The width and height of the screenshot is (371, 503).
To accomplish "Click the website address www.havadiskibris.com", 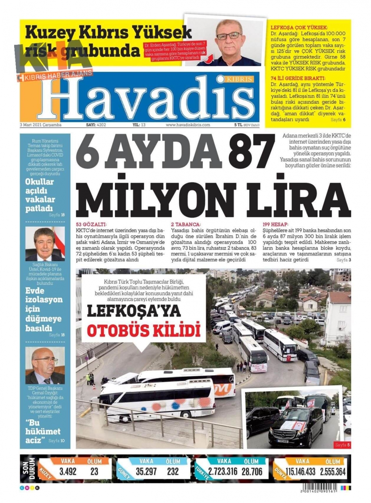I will (x=188, y=125).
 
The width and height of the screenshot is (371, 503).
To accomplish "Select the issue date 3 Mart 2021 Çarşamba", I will (x=40, y=125).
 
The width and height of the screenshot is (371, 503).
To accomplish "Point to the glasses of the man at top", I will (x=229, y=36).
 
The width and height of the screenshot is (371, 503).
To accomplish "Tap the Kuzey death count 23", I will (x=94, y=471).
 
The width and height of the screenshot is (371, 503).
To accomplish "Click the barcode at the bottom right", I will (x=319, y=488).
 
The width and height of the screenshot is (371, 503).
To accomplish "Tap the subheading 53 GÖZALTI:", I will (x=91, y=224).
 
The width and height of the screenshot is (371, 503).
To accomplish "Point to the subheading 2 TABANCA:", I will (x=186, y=224).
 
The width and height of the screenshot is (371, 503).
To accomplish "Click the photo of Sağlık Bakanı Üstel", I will (x=45, y=244).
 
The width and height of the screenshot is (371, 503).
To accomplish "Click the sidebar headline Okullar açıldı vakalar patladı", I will (x=40, y=195).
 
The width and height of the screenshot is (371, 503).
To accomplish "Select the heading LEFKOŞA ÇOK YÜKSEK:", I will (x=299, y=27).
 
